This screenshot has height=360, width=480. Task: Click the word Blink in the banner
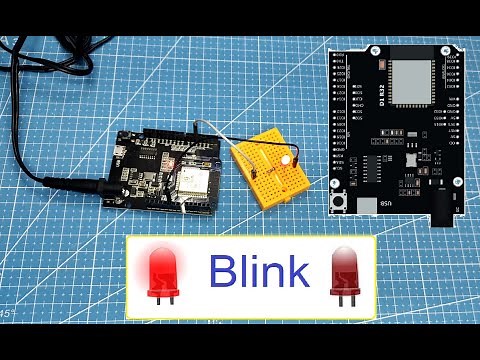click(x=258, y=270)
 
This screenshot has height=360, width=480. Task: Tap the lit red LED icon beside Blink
click(x=160, y=272)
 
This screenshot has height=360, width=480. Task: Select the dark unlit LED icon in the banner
click(x=343, y=272)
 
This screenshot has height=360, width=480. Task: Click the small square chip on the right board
click(x=411, y=158)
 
